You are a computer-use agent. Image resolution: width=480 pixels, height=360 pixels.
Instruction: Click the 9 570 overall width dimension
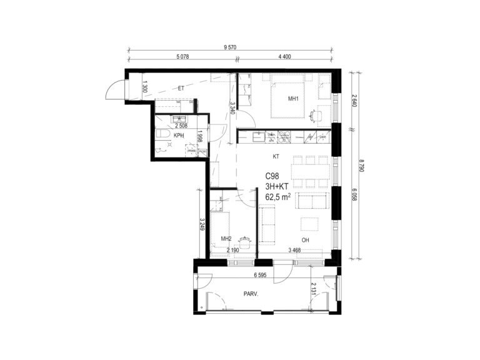[230, 47]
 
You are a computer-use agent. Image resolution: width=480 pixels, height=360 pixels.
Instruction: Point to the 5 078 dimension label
[182, 57]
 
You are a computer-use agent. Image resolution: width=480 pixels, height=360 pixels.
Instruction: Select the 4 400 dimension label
[284, 57]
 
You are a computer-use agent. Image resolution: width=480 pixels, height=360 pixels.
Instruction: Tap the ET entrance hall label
[181, 89]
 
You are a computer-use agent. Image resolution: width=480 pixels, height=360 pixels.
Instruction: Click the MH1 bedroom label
[293, 99]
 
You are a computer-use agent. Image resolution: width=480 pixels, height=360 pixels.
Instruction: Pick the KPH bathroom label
[179, 135]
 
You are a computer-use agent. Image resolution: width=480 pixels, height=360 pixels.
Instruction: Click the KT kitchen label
[276, 157]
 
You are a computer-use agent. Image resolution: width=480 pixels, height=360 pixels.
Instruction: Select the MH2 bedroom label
[226, 239]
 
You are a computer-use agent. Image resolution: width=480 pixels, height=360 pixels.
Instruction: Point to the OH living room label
[305, 240]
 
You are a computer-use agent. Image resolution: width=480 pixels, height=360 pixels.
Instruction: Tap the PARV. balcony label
[251, 294]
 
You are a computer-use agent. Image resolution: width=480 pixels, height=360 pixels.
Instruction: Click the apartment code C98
[272, 176]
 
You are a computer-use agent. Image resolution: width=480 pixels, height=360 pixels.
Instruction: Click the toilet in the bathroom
[162, 134]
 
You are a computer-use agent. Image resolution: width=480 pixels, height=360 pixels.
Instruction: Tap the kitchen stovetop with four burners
[284, 137]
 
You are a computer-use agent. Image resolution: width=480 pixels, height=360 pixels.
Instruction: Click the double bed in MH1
[287, 96]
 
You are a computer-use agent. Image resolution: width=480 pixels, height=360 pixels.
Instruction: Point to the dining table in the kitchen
[311, 172]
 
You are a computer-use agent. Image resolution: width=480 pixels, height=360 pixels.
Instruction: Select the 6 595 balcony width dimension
[260, 275]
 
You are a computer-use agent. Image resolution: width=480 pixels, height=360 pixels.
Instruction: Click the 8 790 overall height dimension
[361, 165]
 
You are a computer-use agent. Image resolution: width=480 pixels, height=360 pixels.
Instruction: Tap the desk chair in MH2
[245, 242]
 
